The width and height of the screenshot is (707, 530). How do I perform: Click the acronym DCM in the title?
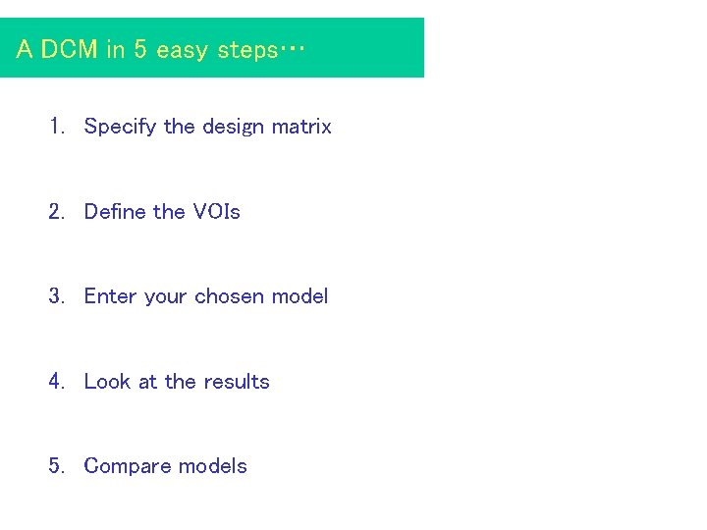pyautogui.click(x=69, y=50)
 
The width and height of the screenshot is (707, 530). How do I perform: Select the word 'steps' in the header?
pyautogui.click(x=245, y=50)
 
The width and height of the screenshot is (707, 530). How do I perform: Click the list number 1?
pyautogui.click(x=56, y=127)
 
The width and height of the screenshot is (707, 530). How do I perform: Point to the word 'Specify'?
pyautogui.click(x=121, y=127)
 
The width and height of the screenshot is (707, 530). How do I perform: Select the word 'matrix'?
pyautogui.click(x=301, y=127)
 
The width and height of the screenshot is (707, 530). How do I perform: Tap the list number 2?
pyautogui.click(x=56, y=212)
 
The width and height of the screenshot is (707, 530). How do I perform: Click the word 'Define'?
pyautogui.click(x=116, y=212)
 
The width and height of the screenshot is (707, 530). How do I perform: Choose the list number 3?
pyautogui.click(x=56, y=296)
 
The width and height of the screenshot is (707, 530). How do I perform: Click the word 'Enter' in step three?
pyautogui.click(x=111, y=296)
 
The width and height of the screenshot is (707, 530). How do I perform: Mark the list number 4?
pyautogui.click(x=56, y=382)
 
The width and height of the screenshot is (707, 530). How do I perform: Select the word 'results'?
pyautogui.click(x=236, y=382)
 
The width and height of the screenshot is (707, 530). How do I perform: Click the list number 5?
pyautogui.click(x=56, y=466)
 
